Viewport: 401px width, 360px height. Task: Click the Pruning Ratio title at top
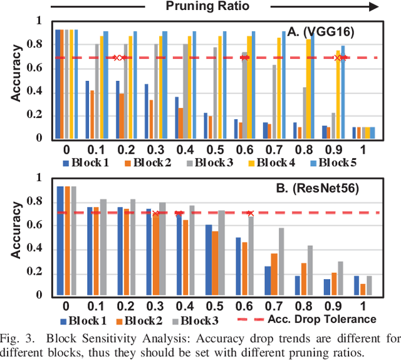[x=207, y=6]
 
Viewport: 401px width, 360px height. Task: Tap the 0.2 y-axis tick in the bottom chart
[x=41, y=272]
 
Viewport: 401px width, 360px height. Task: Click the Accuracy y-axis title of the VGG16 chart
[x=20, y=80]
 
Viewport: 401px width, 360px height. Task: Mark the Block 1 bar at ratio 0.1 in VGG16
[x=87, y=109]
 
